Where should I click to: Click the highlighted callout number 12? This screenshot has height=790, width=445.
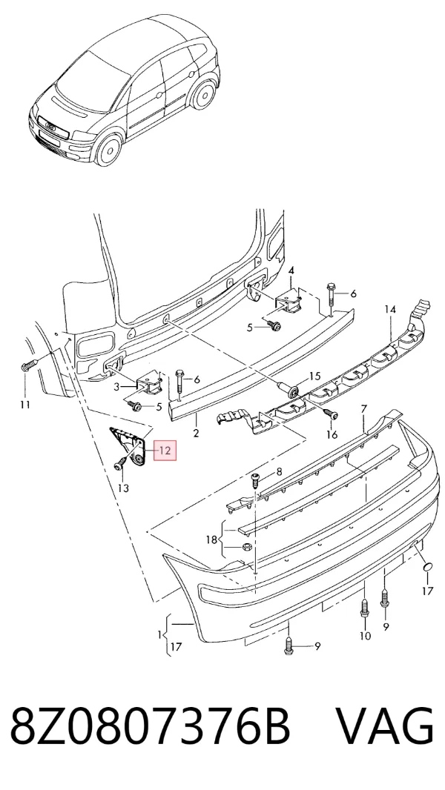165,451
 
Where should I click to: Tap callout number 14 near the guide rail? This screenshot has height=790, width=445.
391,309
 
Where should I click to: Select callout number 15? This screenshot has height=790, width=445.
314,376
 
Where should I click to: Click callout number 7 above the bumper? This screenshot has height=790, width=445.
364,408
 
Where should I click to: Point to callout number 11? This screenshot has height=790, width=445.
25,404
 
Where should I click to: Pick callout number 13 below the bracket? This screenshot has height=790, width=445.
123,488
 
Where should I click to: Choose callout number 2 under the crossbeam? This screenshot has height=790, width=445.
196,433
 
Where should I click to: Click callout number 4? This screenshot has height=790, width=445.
291,271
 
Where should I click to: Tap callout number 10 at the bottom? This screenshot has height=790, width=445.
365,636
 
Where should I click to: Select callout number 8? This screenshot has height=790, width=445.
279,472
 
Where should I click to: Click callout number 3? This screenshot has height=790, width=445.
116,387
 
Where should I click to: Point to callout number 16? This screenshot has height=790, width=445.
332,434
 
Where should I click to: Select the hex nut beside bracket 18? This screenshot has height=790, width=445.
247,547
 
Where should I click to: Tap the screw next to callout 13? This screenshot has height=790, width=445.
120,462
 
